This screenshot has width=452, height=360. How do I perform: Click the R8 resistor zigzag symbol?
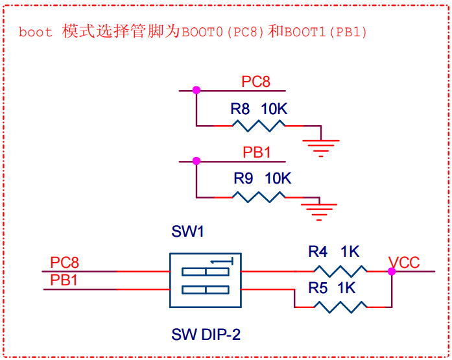(x=259, y=125)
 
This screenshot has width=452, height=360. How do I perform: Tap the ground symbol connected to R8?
(x=320, y=148)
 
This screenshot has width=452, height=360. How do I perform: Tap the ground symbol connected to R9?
(x=320, y=210)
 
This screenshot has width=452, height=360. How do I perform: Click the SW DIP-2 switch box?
(x=204, y=280)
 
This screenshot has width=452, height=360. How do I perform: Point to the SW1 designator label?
(x=188, y=232)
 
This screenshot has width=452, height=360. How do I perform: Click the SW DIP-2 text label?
(x=206, y=335)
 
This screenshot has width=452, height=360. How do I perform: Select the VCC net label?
(x=404, y=263)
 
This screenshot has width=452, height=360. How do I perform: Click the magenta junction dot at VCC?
(x=391, y=271)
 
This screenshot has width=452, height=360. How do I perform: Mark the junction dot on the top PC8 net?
(x=196, y=91)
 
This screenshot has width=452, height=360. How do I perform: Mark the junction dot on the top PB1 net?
(x=196, y=161)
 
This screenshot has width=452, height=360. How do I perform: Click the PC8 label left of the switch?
(x=64, y=263)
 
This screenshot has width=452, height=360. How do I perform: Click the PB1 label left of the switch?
(x=64, y=280)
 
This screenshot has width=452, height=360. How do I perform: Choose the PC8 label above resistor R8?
(x=256, y=82)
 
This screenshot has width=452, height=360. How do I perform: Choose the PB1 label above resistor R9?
(x=257, y=152)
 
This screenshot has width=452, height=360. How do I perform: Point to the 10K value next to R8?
(x=274, y=108)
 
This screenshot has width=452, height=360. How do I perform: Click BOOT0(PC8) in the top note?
(x=222, y=32)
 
